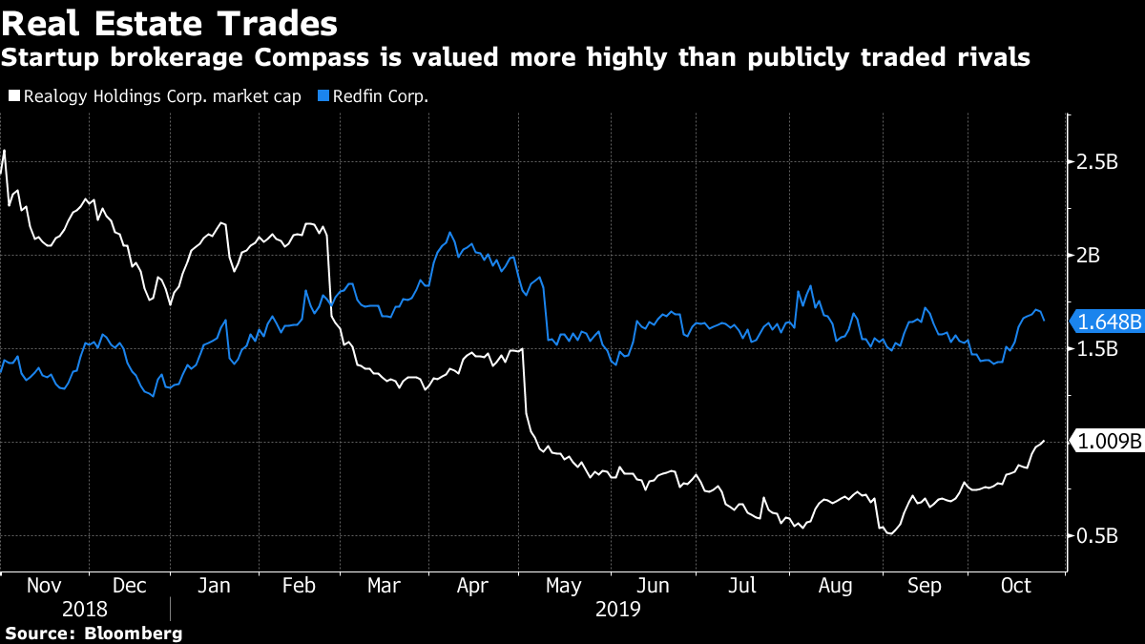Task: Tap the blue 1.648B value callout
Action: pyautogui.click(x=1107, y=322)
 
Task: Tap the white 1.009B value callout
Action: pyautogui.click(x=1107, y=442)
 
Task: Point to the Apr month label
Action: pyautogui.click(x=473, y=586)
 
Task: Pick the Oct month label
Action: pyautogui.click(x=1015, y=586)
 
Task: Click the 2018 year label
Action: pyautogui.click(x=85, y=609)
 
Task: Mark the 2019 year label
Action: pyautogui.click(x=617, y=609)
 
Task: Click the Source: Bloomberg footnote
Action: pyautogui.click(x=94, y=633)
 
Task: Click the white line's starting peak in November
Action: pyautogui.click(x=5, y=151)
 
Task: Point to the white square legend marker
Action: pyautogui.click(x=12, y=95)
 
